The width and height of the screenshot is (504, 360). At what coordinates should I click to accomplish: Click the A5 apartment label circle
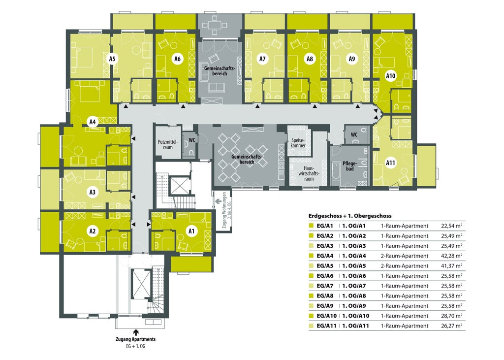click(x=112, y=59)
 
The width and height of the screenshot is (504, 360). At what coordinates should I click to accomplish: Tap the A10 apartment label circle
click(x=390, y=76)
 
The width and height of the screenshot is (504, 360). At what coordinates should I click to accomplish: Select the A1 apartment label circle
click(x=191, y=231)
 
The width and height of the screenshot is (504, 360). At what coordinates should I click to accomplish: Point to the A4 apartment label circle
click(x=93, y=122)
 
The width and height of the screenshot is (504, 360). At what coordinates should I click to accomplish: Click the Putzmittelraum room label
click(x=168, y=144)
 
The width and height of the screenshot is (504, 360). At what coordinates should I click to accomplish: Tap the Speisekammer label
click(x=298, y=143)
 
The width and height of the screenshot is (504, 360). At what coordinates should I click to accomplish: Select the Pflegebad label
click(x=350, y=166)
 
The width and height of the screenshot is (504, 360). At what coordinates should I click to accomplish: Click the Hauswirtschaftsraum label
click(x=309, y=173)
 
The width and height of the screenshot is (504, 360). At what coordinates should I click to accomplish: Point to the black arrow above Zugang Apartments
click(x=136, y=332)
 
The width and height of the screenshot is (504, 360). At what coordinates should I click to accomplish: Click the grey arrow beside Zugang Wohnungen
click(x=218, y=201)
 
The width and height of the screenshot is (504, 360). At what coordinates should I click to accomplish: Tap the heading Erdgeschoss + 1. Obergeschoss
click(x=350, y=216)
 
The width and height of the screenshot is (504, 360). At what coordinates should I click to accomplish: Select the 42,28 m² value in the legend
click(x=452, y=256)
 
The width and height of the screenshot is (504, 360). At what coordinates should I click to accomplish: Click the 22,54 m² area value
click(x=452, y=226)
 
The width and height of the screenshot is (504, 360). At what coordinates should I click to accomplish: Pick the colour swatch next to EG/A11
click(x=311, y=326)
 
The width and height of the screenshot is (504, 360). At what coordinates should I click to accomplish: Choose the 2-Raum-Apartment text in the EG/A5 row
click(x=405, y=266)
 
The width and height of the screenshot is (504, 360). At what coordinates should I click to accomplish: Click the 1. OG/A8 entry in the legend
click(x=354, y=295)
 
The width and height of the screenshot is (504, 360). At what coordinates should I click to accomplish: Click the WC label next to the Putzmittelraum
click(x=192, y=140)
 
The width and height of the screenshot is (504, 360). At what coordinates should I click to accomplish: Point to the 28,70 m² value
click(x=452, y=316)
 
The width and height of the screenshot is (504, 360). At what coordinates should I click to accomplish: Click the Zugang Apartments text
click(x=136, y=339)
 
